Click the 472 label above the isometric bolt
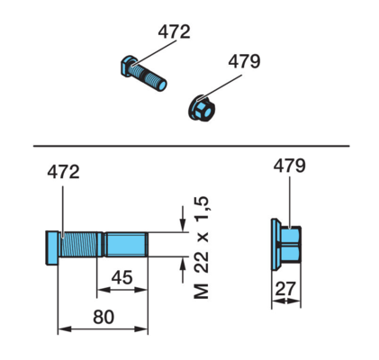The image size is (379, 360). tap(174, 31)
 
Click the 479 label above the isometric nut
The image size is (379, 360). tap(244, 61)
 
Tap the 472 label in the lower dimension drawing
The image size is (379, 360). tap(63, 172)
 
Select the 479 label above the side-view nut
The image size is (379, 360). tap(289, 166)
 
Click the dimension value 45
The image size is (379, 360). tap(122, 277)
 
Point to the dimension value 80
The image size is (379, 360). tap(104, 317)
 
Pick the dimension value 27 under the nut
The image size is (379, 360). tap(285, 289)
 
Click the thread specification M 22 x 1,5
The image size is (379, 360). tap(202, 247)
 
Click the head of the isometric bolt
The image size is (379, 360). tap(128, 66)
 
